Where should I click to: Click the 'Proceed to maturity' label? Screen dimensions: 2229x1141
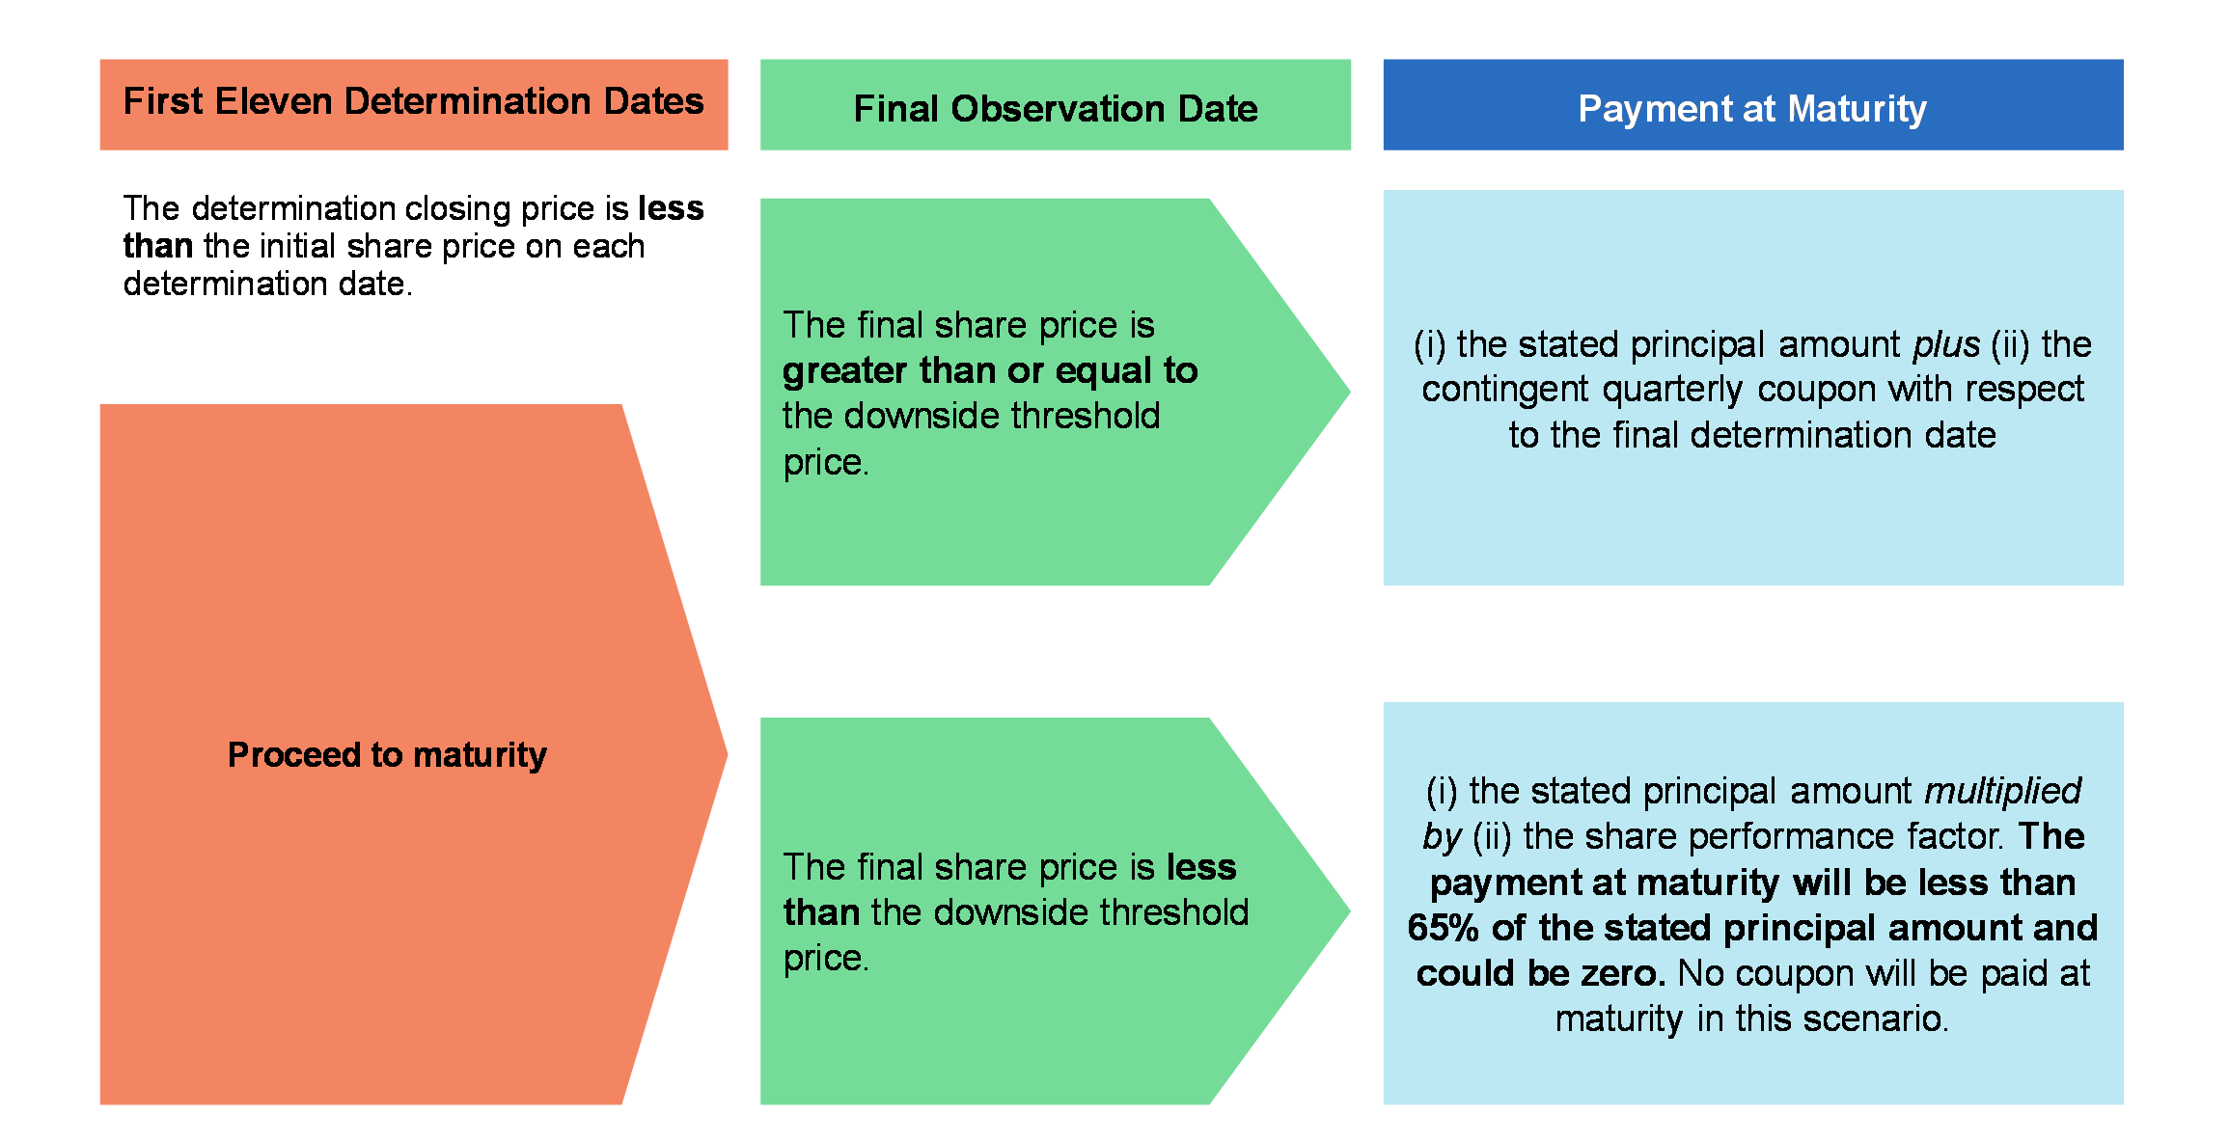[387, 754]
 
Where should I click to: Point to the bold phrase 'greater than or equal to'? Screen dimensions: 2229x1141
[990, 370]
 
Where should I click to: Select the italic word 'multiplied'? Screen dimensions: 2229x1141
[2003, 791]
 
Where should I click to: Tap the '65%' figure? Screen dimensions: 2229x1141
[1444, 928]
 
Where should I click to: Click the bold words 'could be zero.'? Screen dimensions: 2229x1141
[1541, 973]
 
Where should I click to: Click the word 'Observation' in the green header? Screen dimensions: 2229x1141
[1059, 109]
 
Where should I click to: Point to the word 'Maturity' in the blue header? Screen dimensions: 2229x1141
[1857, 110]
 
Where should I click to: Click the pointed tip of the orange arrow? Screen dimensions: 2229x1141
[727, 754]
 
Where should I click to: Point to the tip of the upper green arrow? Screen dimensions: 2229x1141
[1350, 392]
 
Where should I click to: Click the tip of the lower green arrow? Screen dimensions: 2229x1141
[1350, 910]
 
